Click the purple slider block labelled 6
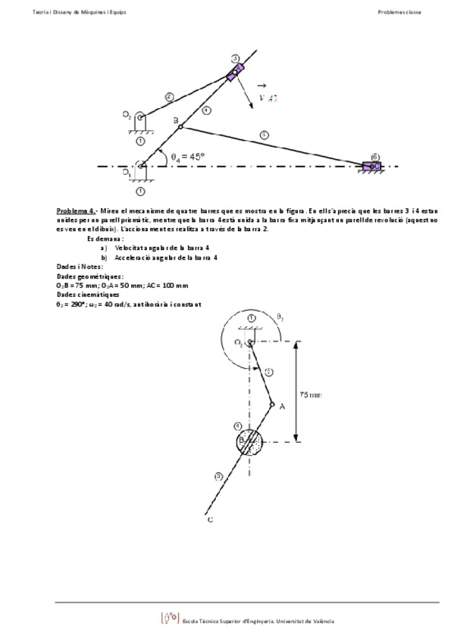pos(372,166)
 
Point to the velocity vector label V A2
pos(265,97)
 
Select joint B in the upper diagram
pos(180,126)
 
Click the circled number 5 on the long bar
pos(264,135)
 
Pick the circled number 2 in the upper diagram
pos(169,96)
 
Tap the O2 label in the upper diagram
pos(127,115)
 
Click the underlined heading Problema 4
pos(77,210)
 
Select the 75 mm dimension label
pos(311,394)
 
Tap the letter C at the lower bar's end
pos(209,519)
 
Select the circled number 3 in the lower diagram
pos(218,476)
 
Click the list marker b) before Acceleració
pos(104,257)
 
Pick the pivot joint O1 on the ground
pos(142,165)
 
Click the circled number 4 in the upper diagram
pos(207,111)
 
